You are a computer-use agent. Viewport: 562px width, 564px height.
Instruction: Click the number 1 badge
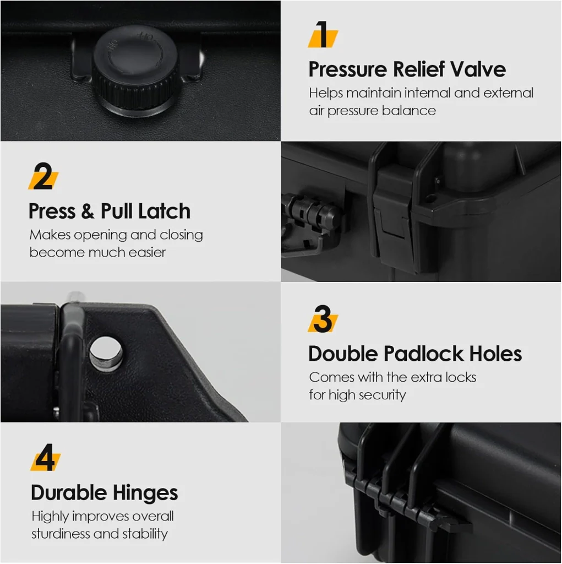(x=323, y=35)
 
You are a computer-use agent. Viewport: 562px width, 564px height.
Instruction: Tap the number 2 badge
(x=43, y=176)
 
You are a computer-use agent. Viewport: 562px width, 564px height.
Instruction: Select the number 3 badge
(x=323, y=319)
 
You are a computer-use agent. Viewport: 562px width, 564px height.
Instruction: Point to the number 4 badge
(x=46, y=457)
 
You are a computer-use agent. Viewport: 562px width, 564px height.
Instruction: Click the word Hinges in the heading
(x=145, y=493)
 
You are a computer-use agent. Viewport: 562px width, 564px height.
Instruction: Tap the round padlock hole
(x=106, y=354)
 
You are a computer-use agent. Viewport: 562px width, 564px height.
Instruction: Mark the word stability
(x=145, y=534)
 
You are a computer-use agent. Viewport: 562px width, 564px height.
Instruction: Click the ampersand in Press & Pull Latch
(x=88, y=211)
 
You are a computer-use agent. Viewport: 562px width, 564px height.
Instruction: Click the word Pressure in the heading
(x=347, y=69)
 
